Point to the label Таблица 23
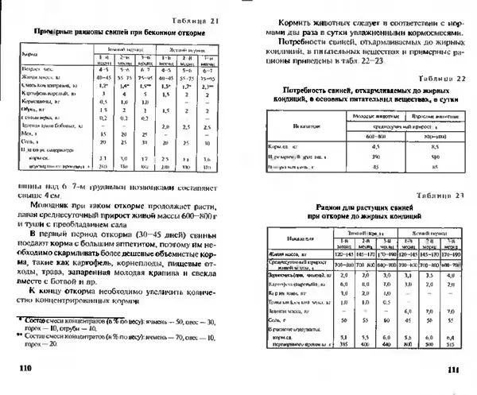pyautogui.click(x=429, y=196)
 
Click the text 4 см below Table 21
pyautogui.click(x=50, y=192)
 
